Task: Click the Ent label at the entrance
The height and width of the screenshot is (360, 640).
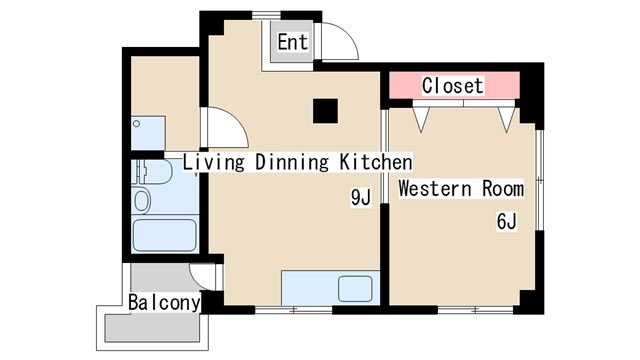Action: pos(293,42)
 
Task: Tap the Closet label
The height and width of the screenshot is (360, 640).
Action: pos(453,86)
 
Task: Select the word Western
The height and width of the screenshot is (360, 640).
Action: pos(435,189)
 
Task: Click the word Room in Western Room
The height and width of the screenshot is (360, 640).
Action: pos(503,189)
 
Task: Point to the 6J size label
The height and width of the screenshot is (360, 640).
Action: pos(507,222)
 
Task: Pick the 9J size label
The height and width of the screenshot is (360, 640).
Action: pos(361,198)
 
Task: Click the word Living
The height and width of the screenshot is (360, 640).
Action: pos(213,162)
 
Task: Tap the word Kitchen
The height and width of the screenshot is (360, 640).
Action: pos(376,162)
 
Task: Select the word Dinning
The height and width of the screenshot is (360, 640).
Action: pos(292,162)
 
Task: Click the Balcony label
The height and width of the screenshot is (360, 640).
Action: pos(164,303)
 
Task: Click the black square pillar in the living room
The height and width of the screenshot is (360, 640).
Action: pos(325,111)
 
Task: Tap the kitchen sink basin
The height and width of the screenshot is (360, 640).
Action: pos(355,289)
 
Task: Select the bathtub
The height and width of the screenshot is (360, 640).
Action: pos(164,235)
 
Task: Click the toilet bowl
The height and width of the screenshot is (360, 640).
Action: pos(142,201)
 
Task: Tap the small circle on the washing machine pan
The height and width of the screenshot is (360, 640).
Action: pos(137,124)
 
